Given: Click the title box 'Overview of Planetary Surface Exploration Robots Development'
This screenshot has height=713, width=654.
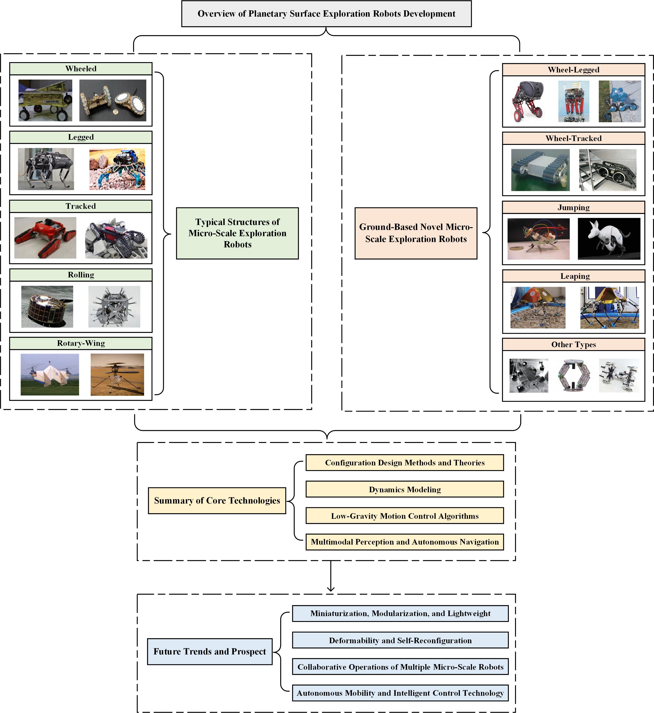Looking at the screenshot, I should [x=326, y=13].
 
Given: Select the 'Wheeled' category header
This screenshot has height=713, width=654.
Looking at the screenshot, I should [x=81, y=69].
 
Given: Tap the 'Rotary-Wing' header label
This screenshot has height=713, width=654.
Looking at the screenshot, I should [x=81, y=343].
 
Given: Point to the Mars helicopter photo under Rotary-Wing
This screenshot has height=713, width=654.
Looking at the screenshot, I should [x=117, y=375].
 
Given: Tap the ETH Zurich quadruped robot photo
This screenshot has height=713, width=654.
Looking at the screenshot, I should [x=46, y=169].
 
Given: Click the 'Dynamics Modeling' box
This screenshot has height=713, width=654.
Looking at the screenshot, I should [x=404, y=489].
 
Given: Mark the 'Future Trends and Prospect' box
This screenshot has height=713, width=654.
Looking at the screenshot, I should [x=209, y=652].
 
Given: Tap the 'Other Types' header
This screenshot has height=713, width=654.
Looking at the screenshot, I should [x=573, y=345].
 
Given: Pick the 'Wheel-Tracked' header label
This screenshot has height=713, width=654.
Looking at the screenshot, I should [x=573, y=138].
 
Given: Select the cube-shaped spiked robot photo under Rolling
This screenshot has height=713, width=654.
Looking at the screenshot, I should [x=114, y=307].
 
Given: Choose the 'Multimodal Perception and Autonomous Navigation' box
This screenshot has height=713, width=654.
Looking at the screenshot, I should [x=404, y=542].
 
